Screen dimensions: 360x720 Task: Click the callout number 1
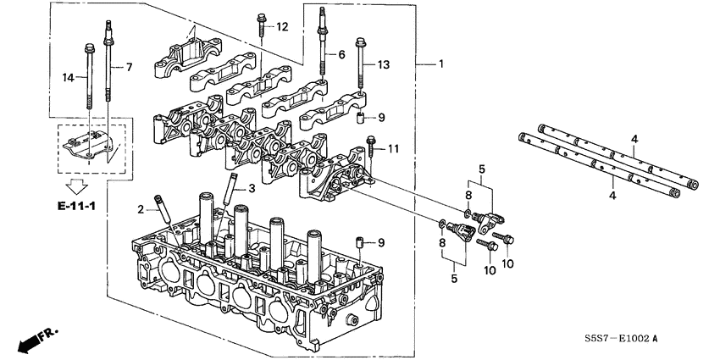point(440,64)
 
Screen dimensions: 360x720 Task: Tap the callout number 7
point(130,66)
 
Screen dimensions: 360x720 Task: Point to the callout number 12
point(282,27)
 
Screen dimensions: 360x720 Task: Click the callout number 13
point(384,64)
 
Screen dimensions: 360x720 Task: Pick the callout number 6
point(341,54)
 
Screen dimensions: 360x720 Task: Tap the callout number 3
point(251,187)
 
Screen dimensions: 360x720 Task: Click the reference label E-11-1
point(76,205)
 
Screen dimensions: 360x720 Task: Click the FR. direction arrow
point(34,340)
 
